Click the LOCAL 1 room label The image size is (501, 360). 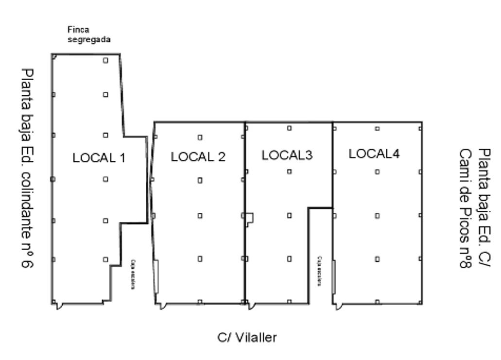point(99,157)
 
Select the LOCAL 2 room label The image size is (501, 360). point(198,156)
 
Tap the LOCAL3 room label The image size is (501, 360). point(287,155)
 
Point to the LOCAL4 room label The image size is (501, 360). point(374,154)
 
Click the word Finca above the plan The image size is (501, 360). point(78,30)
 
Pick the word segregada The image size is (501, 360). point(89,39)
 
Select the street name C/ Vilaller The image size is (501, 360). point(247,337)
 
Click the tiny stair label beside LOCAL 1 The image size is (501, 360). point(133,274)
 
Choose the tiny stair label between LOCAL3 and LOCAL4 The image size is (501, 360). point(320,271)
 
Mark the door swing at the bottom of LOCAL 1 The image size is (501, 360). point(57,306)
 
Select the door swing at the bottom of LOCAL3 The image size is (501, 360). point(250,306)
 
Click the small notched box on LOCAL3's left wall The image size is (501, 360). point(249,219)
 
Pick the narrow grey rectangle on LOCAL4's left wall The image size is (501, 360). point(333,277)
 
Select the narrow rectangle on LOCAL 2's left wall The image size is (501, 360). point(156,276)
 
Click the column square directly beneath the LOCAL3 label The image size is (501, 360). point(290,171)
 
